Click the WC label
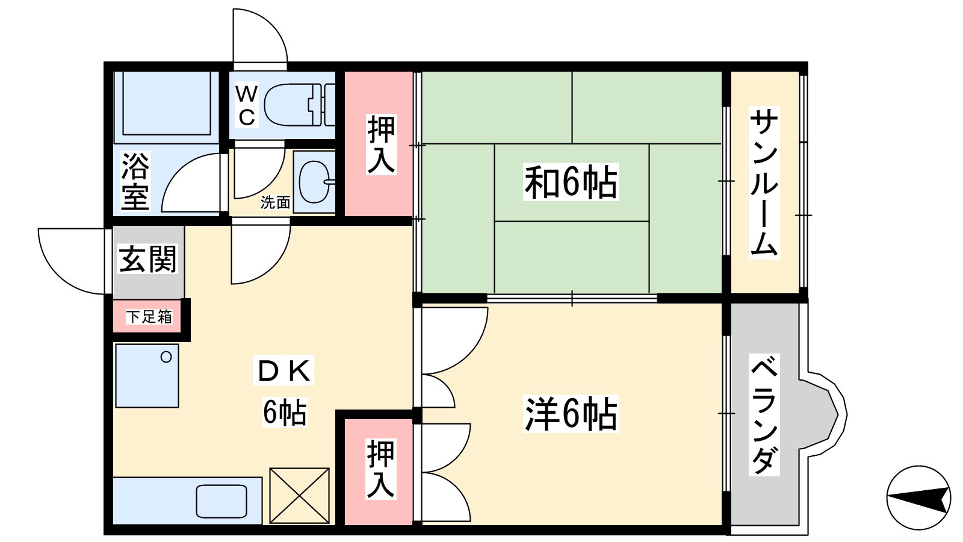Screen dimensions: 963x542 coord(247,105)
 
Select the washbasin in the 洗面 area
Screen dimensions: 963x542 coord(317,181)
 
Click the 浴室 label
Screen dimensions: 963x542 coord(135,181)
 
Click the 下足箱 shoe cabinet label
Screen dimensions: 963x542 coord(149,317)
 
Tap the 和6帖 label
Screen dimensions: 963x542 coord(571,182)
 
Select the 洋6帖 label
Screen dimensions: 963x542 coord(571,413)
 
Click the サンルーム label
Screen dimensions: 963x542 coord(764,182)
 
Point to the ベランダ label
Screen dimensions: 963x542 coord(764,415)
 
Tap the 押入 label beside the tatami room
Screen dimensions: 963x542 coord(382,144)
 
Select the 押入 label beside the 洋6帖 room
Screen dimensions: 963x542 coord(381,469)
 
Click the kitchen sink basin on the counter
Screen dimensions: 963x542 coord(221,501)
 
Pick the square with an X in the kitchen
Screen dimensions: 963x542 coord(299,496)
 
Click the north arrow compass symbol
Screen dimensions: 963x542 coord(918,497)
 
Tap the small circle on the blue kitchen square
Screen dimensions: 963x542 coord(166,357)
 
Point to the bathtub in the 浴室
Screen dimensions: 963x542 coord(167,103)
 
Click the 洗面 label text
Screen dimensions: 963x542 coord(276,202)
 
